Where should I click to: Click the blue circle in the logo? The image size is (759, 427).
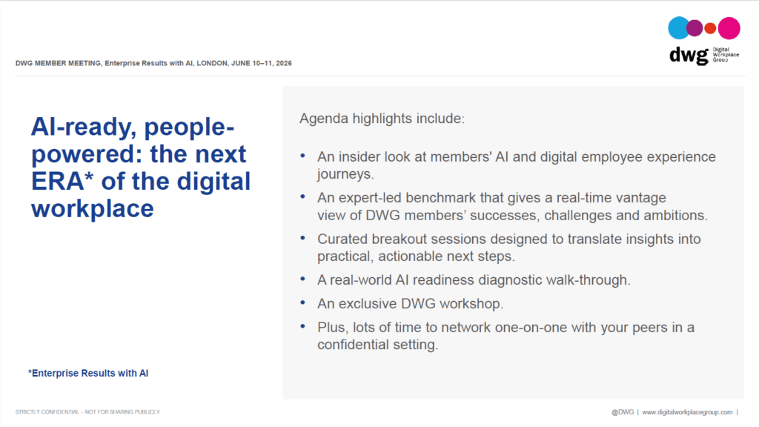[678, 27]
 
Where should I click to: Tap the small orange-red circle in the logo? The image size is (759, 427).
[710, 28]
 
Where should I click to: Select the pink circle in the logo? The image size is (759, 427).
[729, 28]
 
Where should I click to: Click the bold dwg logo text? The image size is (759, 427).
[689, 56]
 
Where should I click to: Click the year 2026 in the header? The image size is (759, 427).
[284, 64]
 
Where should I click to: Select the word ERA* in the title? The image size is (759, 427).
[62, 182]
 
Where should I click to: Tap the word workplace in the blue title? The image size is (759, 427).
[93, 209]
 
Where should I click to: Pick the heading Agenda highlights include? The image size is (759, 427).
[382, 119]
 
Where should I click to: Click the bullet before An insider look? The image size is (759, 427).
[303, 156]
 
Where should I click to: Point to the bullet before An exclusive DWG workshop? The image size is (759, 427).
[303, 302]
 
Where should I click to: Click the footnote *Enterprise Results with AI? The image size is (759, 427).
[88, 374]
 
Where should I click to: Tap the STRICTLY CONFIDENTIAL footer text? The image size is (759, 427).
[87, 412]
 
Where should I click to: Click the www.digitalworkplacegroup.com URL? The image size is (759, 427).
[687, 412]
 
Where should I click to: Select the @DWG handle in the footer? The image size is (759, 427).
[623, 412]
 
